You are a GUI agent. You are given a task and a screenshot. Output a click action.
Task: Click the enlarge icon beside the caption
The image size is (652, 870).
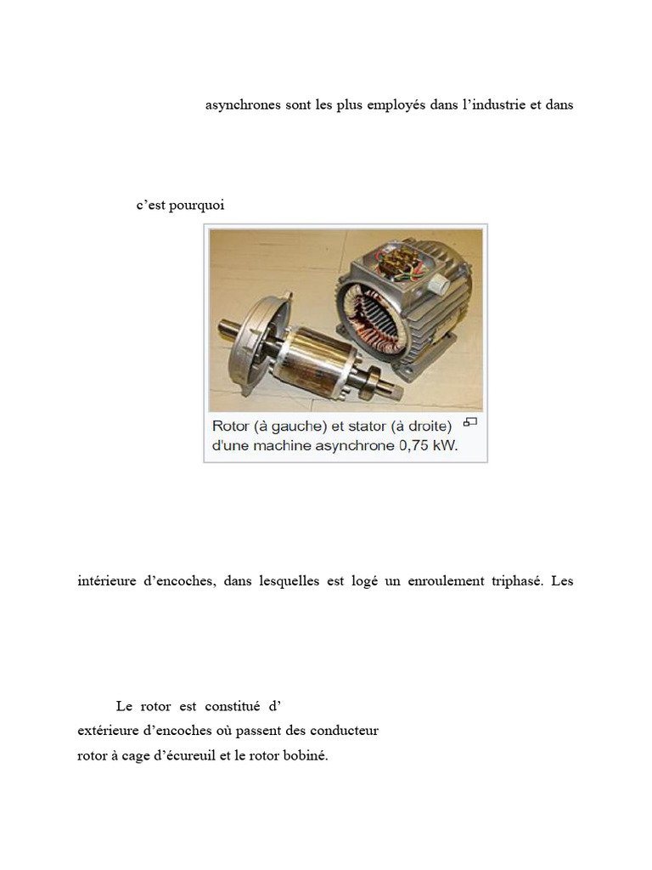click(x=470, y=422)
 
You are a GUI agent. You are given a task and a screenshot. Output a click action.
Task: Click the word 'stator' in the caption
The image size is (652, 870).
click(x=368, y=427)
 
